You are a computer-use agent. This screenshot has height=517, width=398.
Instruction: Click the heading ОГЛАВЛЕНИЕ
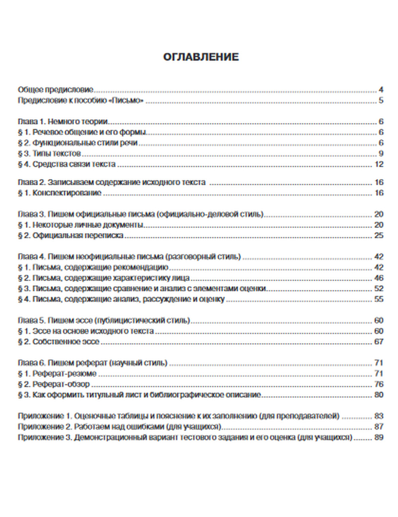201,57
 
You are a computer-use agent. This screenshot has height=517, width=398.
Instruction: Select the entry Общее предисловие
55,90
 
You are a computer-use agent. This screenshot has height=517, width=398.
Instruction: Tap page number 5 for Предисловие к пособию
381,100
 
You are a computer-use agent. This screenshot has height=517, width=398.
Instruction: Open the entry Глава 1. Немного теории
64,122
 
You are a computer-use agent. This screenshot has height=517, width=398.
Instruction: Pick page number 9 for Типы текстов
381,154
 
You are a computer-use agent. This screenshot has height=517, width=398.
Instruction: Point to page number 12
379,164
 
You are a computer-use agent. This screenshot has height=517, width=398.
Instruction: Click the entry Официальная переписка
70,235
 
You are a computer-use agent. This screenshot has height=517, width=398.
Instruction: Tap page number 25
379,235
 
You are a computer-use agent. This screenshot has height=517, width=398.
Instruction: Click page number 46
379,278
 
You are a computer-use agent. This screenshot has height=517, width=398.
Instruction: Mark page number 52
379,288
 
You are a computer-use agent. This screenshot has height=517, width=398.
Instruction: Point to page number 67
379,342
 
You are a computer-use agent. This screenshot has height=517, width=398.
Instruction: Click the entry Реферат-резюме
57,373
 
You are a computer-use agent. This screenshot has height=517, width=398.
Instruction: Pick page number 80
379,395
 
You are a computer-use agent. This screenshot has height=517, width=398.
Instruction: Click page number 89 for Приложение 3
379,437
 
